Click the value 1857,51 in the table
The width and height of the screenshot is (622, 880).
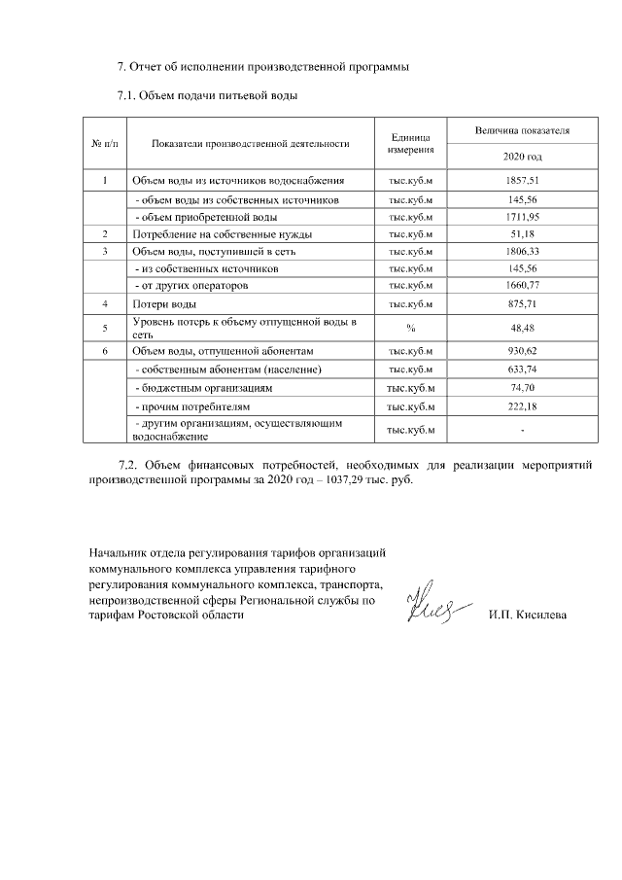(x=522, y=181)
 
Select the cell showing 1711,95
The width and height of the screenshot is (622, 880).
(x=522, y=216)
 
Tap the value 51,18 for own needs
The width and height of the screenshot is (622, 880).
(x=522, y=233)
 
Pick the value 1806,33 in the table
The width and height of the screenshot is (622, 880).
(x=522, y=251)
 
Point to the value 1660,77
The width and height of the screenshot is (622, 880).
(x=522, y=286)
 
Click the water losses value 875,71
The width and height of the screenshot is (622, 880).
(x=522, y=304)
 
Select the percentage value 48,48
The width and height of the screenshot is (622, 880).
(x=522, y=328)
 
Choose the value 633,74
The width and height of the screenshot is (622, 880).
(x=522, y=370)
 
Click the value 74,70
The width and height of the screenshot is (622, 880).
(x=522, y=387)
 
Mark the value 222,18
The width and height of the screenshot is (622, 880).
(x=522, y=405)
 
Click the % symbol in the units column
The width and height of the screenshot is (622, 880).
(x=410, y=328)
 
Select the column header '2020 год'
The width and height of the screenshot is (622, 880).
(x=522, y=156)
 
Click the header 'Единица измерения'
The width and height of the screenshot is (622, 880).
(x=410, y=143)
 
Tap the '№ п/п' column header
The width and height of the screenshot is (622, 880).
(x=104, y=143)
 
